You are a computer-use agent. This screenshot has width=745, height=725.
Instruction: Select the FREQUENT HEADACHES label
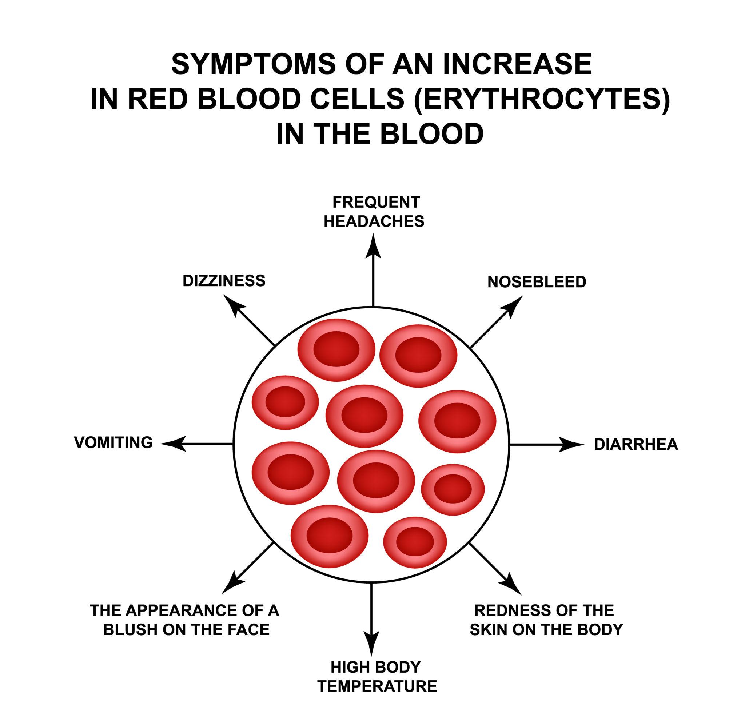pyautogui.click(x=374, y=212)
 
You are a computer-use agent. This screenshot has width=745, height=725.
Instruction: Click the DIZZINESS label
pyautogui.click(x=224, y=281)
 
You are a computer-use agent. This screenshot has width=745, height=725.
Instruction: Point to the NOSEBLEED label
pyautogui.click(x=537, y=282)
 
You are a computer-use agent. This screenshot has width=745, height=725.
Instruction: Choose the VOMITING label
pyautogui.click(x=113, y=442)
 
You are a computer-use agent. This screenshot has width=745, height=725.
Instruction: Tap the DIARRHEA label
pyautogui.click(x=636, y=444)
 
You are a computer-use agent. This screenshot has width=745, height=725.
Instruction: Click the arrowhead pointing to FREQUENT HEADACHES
pyautogui.click(x=373, y=245)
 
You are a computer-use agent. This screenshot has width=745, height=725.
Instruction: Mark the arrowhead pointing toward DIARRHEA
pyautogui.click(x=573, y=444)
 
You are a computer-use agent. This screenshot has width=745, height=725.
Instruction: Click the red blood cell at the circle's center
pyautogui.click(x=364, y=416)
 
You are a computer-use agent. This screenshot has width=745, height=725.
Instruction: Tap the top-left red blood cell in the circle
pyautogui.click(x=336, y=349)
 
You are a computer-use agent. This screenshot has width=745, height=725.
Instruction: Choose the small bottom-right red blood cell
pyautogui.click(x=415, y=542)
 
